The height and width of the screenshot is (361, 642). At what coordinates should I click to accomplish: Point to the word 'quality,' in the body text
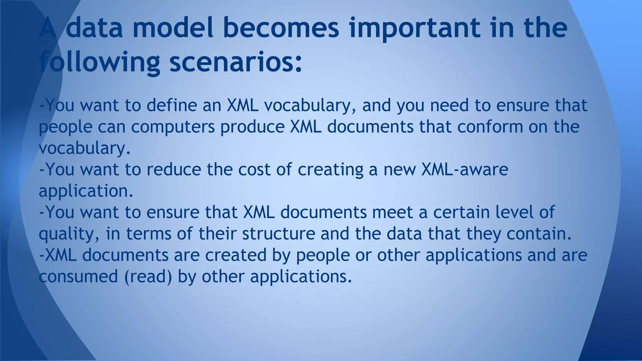pyautogui.click(x=69, y=234)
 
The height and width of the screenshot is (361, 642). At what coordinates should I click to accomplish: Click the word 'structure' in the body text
pyautogui.click(x=278, y=234)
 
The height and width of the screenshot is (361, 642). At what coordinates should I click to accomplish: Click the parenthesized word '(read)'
pyautogui.click(x=148, y=276)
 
